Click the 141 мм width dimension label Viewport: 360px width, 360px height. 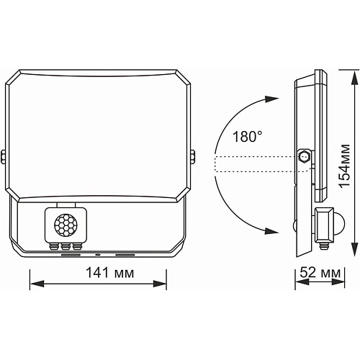coord(110,273)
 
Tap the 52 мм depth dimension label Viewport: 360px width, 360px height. coord(320,272)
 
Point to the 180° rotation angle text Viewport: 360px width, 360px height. coord(248,137)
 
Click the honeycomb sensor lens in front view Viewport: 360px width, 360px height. coord(66,225)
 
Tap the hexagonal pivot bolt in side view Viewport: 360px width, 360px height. coord(303,157)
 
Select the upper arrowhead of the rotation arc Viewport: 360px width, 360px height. coord(271,99)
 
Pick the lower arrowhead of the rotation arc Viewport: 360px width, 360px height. coord(271,231)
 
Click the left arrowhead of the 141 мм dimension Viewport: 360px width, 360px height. coord(37,284)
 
